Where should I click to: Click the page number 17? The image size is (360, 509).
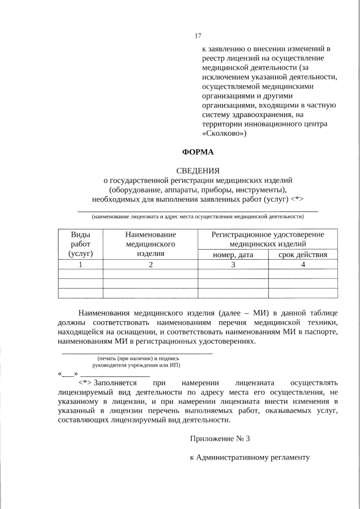198,36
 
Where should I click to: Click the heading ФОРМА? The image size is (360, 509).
197,152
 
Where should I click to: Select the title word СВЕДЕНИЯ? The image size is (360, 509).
197,170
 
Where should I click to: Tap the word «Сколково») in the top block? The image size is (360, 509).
224,134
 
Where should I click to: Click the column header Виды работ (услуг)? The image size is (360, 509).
80,244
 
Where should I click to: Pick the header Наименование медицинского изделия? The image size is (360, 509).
150,244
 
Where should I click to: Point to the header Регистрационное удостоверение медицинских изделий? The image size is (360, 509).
267,239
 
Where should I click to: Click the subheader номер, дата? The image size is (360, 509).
233,255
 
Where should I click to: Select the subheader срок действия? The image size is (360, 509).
303,255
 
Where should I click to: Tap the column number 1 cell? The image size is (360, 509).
80,265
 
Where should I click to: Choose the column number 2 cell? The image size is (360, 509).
150,265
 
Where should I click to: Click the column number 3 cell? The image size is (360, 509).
233,265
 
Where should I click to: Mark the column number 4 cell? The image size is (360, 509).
303,265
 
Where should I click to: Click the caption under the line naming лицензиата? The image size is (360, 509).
197,217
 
